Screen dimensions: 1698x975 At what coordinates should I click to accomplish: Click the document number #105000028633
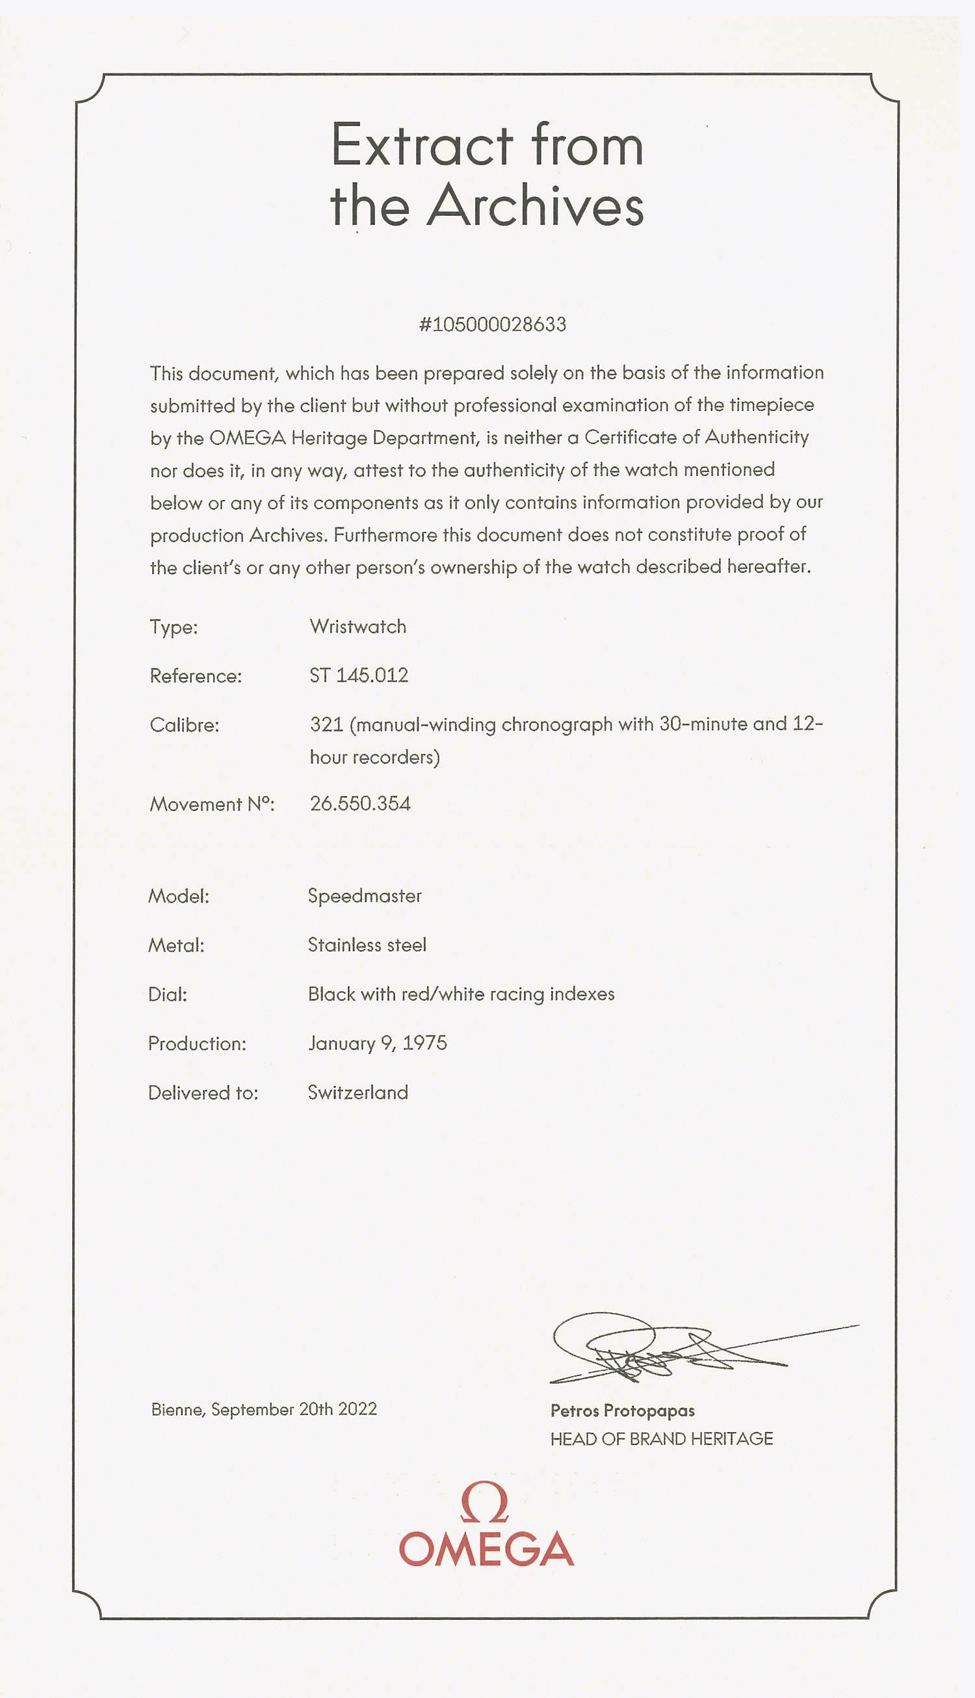(492, 325)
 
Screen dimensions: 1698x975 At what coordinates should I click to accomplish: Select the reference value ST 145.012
(358, 675)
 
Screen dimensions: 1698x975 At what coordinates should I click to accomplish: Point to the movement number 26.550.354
(359, 803)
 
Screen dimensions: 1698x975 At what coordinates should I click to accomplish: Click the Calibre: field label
(184, 724)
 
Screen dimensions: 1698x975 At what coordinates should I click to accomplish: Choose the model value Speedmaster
(364, 896)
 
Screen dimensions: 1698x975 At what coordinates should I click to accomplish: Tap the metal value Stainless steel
(367, 945)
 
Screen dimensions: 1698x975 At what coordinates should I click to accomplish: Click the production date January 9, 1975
(377, 1044)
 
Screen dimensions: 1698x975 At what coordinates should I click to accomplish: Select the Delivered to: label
(203, 1093)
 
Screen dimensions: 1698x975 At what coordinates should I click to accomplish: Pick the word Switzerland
(357, 1093)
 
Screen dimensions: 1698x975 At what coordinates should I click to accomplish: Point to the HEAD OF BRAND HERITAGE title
(661, 1439)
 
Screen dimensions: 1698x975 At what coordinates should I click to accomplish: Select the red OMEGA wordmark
(486, 1548)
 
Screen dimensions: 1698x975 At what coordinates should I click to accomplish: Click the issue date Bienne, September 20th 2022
(264, 1409)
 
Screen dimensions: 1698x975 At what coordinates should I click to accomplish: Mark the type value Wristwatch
(357, 627)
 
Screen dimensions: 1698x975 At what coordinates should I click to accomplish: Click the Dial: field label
(168, 995)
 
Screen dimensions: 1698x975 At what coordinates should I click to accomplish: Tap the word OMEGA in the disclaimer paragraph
(247, 438)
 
